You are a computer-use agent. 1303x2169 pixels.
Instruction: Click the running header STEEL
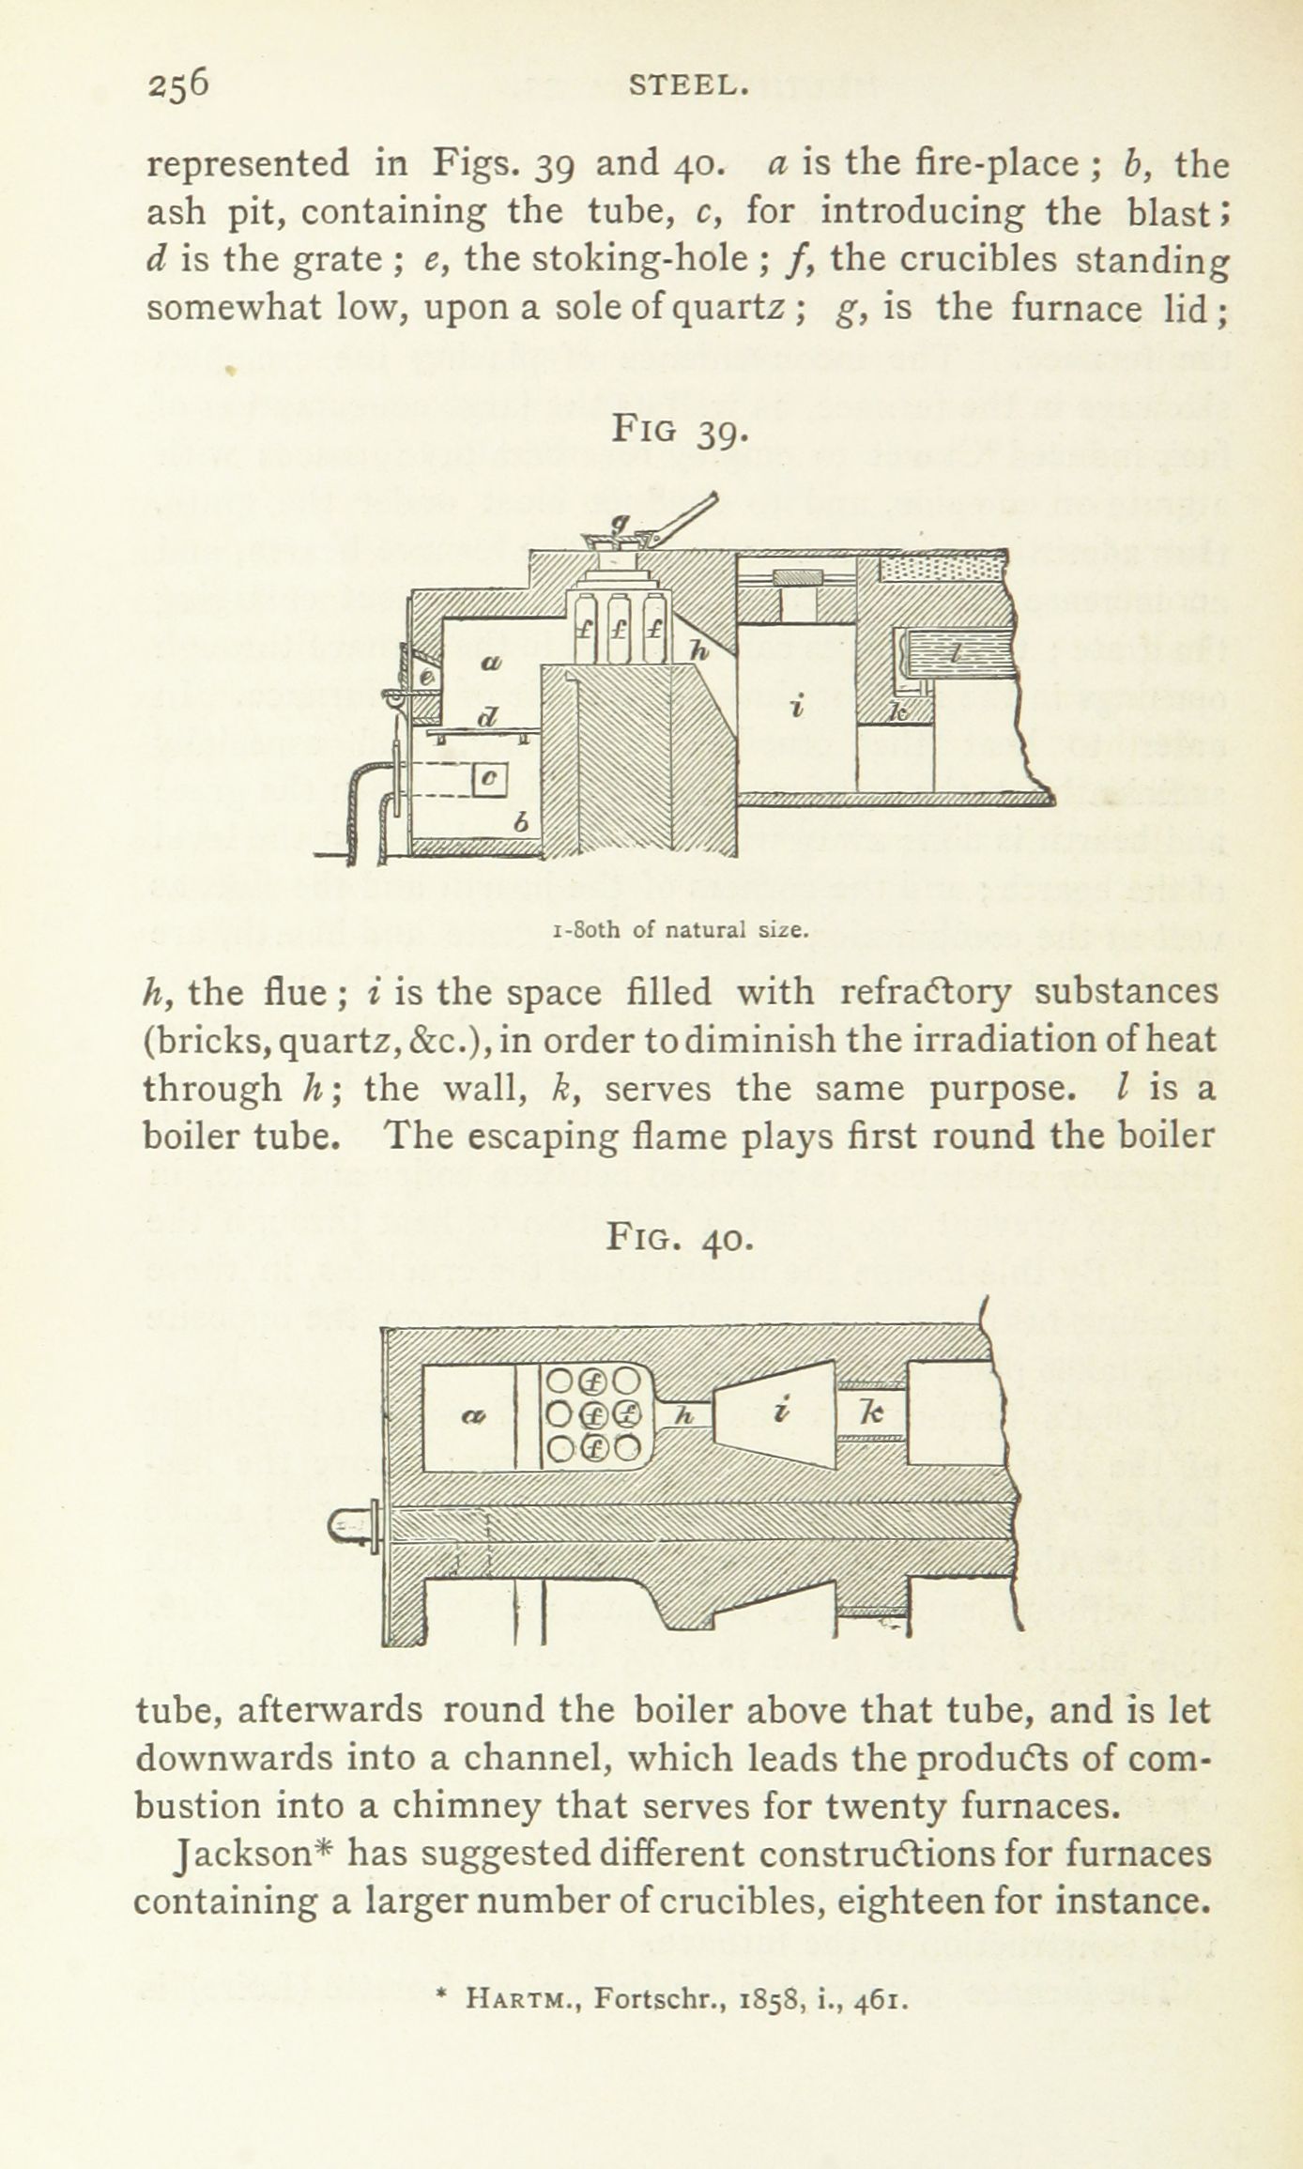689,86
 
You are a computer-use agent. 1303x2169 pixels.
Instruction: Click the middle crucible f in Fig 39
619,630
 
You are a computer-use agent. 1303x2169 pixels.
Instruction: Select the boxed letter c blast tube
491,778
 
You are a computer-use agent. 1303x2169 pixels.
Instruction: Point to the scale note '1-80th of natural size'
681,930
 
